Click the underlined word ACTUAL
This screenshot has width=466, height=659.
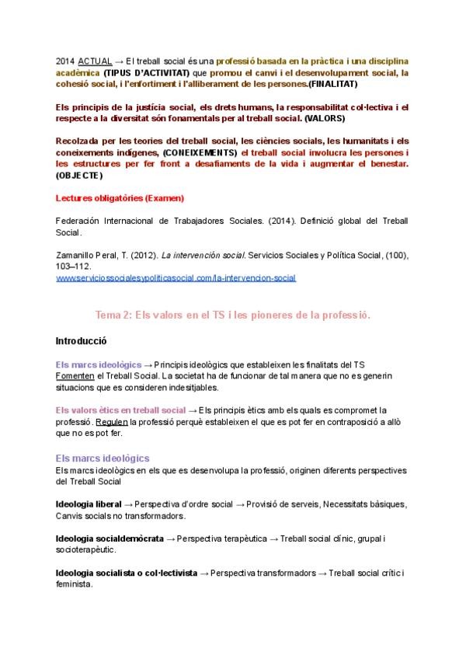pyautogui.click(x=94, y=61)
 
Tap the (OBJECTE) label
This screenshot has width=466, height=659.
pyautogui.click(x=79, y=175)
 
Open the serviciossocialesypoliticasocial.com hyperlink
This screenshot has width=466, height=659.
pyautogui.click(x=176, y=277)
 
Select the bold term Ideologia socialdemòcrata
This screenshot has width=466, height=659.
pyautogui.click(x=110, y=539)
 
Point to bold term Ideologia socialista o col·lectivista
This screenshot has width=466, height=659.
pyautogui.click(x=127, y=573)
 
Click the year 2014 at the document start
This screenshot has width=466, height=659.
pyautogui.click(x=65, y=61)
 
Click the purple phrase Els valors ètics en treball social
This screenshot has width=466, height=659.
pyautogui.click(x=120, y=410)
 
